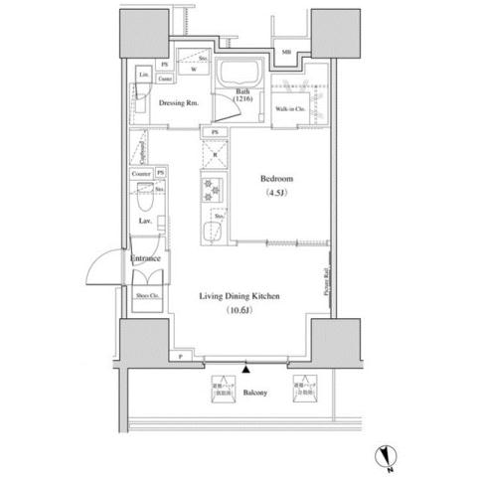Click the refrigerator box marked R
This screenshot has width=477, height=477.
213,155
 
